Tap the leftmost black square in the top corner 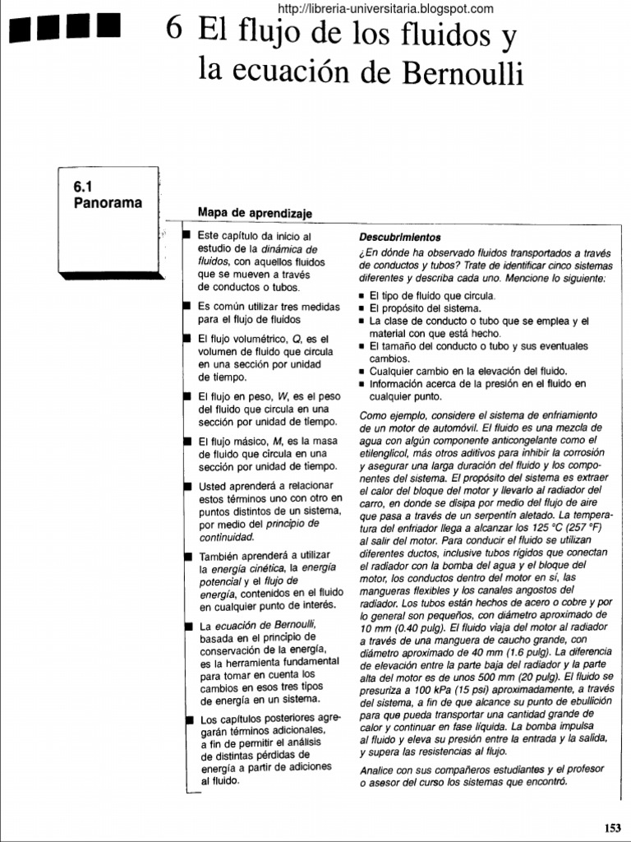point(21,30)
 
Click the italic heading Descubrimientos point(400,237)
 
